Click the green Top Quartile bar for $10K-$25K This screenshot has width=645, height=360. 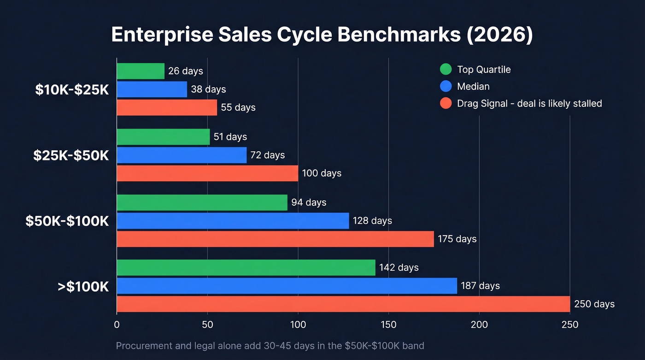[141, 71]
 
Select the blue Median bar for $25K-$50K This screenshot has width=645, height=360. [182, 155]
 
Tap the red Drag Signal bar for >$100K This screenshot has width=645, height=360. [343, 304]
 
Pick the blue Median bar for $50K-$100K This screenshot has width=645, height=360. [233, 221]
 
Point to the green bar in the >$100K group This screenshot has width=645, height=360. [246, 267]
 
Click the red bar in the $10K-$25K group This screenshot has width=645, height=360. [167, 107]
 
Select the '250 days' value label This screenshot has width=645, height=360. [594, 304]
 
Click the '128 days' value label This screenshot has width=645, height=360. [372, 221]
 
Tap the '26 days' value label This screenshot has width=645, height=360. [185, 71]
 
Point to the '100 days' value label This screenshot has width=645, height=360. [322, 173]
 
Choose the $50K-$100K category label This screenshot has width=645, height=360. [67, 221]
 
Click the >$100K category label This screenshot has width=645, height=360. [83, 286]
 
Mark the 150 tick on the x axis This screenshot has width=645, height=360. [388, 325]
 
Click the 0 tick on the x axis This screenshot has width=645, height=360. [117, 325]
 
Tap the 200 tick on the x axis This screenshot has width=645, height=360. [479, 325]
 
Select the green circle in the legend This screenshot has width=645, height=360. [446, 70]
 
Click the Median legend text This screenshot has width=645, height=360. [473, 86]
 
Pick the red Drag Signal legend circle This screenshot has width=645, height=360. [446, 103]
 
